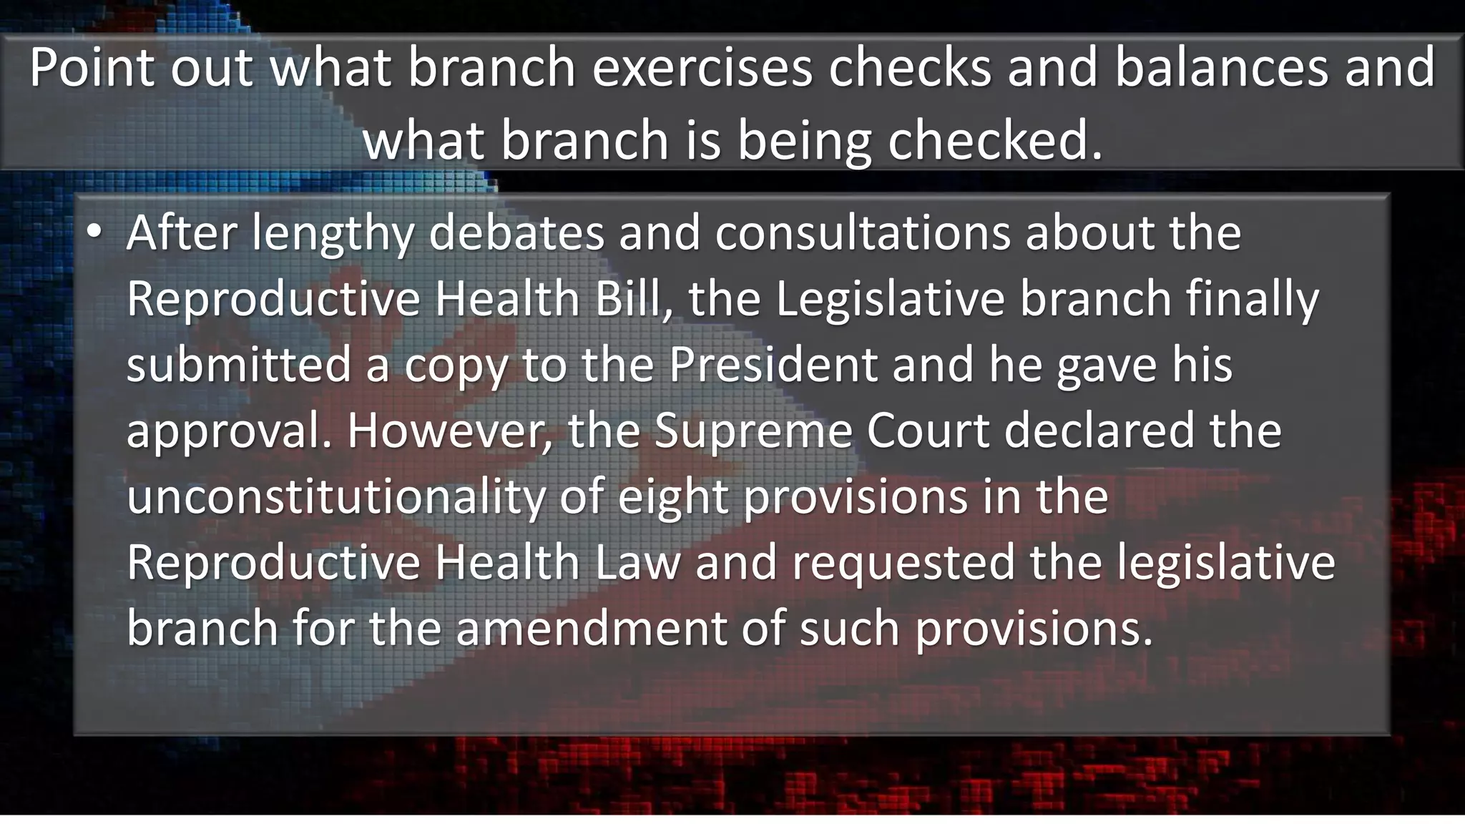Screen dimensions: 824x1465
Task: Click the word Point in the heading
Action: pos(91,67)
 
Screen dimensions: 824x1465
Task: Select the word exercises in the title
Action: pos(702,67)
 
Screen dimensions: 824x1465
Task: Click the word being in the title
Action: pos(804,140)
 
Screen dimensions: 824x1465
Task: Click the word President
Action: pos(773,364)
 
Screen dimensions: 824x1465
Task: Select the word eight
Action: pos(673,496)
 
